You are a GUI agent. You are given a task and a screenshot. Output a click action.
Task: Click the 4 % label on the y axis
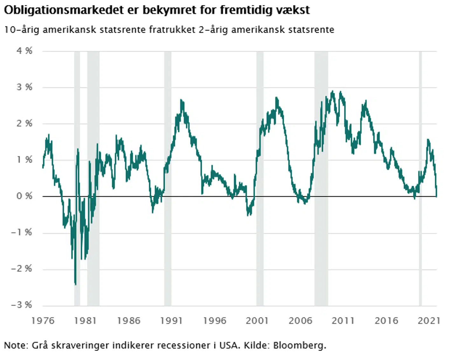tap(24, 51)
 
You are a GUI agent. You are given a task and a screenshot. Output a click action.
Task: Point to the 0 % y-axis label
tap(24, 196)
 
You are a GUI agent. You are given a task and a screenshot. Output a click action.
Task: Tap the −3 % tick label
tap(22, 305)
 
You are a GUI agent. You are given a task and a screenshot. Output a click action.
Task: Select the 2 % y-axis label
tap(24, 123)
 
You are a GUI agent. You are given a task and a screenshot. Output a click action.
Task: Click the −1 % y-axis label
tap(22, 232)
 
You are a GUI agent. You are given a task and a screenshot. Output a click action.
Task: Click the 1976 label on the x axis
tap(43, 321)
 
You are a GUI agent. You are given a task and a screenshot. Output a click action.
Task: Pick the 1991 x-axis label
tap(171, 321)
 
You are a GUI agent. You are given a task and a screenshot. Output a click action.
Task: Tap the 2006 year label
tap(300, 321)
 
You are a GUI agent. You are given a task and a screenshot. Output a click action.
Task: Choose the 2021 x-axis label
tap(429, 321)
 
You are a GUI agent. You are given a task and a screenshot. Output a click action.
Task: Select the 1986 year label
tap(128, 321)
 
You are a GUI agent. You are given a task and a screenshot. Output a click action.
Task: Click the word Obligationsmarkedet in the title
tap(64, 10)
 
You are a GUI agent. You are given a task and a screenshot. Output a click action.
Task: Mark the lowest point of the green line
tap(76, 284)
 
